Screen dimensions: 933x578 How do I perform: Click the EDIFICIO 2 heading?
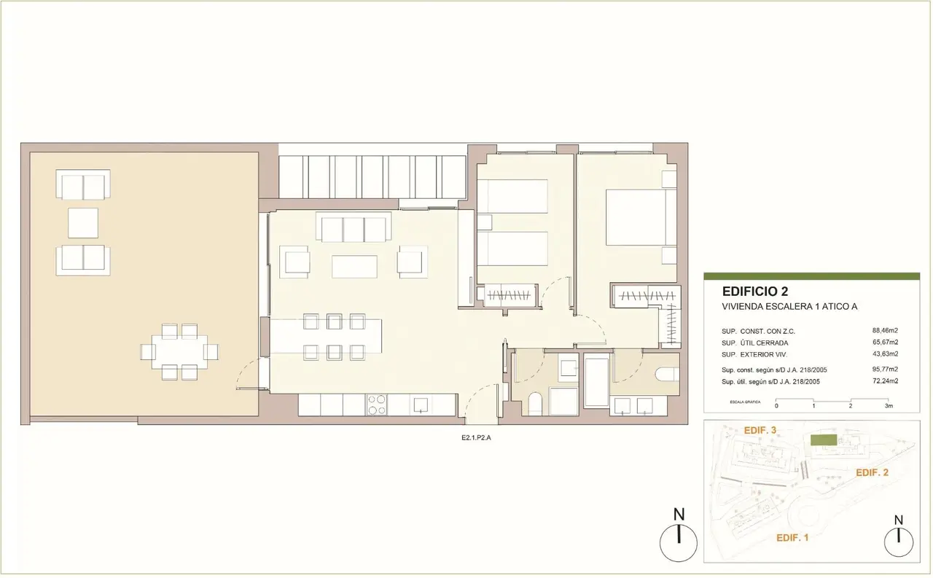[x=755, y=291]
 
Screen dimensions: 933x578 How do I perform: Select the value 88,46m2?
[x=885, y=331]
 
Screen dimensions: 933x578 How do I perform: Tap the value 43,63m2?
[x=885, y=354]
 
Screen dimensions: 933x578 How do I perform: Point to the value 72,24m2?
[x=885, y=380]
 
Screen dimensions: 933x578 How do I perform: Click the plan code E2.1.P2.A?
[x=476, y=437]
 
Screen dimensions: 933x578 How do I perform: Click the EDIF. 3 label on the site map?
[x=760, y=430]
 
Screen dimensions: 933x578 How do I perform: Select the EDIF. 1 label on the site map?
[x=792, y=538]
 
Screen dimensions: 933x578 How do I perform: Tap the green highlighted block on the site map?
[x=824, y=440]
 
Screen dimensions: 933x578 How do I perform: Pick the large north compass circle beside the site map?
[x=679, y=544]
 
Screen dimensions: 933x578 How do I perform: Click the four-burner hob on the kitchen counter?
[x=377, y=405]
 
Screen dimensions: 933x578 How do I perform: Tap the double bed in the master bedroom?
[x=641, y=217]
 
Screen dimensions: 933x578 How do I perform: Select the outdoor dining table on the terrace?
[x=179, y=351]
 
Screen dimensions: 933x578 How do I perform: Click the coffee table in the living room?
[x=354, y=267]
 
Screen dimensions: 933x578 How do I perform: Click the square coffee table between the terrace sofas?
[x=83, y=223]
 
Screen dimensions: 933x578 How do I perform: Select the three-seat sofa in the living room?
[x=354, y=227]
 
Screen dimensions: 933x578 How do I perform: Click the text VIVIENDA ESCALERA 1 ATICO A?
[x=789, y=306]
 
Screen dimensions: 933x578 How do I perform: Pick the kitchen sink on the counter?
[x=421, y=405]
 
